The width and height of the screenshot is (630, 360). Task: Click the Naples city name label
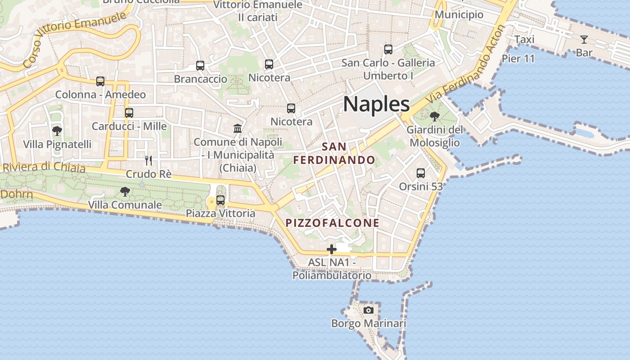click(x=376, y=104)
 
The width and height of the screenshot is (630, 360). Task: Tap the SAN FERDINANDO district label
click(x=334, y=153)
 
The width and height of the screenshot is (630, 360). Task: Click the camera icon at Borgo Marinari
click(x=369, y=310)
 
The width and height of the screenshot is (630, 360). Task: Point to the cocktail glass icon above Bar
click(x=584, y=40)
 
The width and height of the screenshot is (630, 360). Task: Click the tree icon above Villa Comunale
click(x=125, y=192)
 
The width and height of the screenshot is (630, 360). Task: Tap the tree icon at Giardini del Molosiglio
click(x=434, y=117)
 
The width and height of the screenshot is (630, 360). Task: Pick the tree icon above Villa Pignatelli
click(x=57, y=131)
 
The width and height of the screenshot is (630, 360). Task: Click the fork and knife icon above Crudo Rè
click(x=148, y=161)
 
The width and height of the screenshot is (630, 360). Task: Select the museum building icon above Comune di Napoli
click(x=238, y=129)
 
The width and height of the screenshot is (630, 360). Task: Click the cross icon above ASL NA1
click(x=332, y=249)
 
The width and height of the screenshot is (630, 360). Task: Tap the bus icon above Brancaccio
click(x=200, y=66)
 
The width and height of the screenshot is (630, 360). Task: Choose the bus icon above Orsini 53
click(x=421, y=173)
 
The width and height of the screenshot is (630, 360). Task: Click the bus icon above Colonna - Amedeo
click(x=100, y=81)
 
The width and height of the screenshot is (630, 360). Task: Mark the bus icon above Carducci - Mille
click(x=129, y=113)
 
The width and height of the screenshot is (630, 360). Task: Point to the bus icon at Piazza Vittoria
click(x=220, y=200)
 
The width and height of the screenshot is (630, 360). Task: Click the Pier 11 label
click(x=518, y=58)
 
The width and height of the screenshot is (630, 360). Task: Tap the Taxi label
click(x=524, y=40)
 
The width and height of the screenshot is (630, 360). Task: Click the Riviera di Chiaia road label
click(x=44, y=167)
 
